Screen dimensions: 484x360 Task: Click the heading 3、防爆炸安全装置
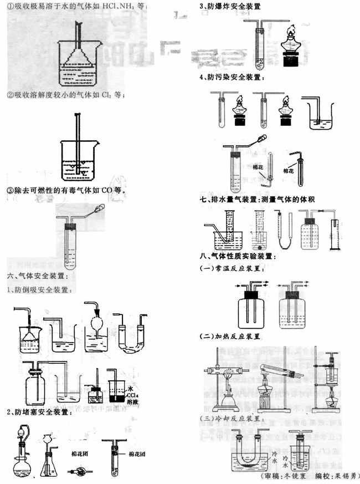[x=230, y=6]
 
